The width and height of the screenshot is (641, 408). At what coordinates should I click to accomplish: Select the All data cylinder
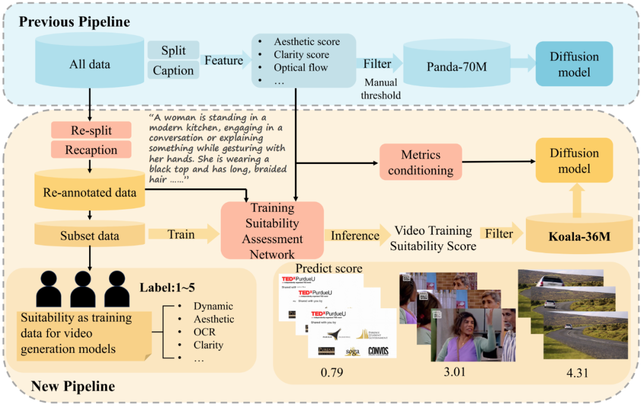(x=90, y=64)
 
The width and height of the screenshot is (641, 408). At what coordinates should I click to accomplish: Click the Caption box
(x=173, y=71)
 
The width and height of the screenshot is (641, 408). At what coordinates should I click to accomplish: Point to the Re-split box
(x=90, y=130)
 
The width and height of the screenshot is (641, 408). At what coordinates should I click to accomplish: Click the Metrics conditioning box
(x=421, y=162)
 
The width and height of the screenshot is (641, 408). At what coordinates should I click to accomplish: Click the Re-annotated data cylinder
(x=90, y=192)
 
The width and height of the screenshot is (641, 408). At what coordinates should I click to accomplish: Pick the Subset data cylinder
(x=90, y=235)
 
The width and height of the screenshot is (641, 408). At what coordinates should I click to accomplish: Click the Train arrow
(x=181, y=235)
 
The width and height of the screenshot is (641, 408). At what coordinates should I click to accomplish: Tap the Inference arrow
(x=355, y=236)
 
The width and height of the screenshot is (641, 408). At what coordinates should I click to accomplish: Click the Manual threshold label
(x=382, y=89)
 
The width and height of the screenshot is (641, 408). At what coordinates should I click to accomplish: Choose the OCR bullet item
(x=204, y=332)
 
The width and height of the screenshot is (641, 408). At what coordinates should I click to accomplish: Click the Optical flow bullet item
(x=300, y=67)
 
